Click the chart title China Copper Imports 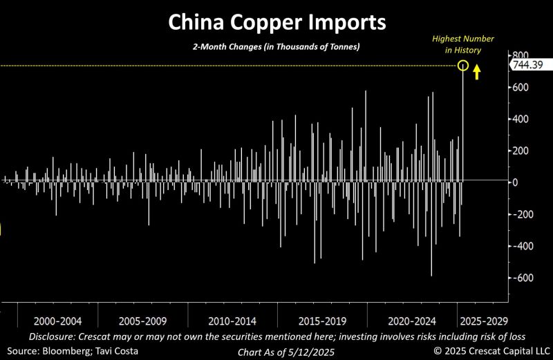pos(276,23)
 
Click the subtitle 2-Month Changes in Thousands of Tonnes pos(276,46)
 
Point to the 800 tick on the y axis pos(520,56)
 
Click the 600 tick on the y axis pos(520,88)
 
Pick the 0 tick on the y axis pos(514,182)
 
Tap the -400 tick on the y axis pos(521,246)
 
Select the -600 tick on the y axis pos(521,278)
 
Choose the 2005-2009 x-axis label pos(143,321)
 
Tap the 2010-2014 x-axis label pos(232,321)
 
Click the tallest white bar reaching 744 pos(462,124)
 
